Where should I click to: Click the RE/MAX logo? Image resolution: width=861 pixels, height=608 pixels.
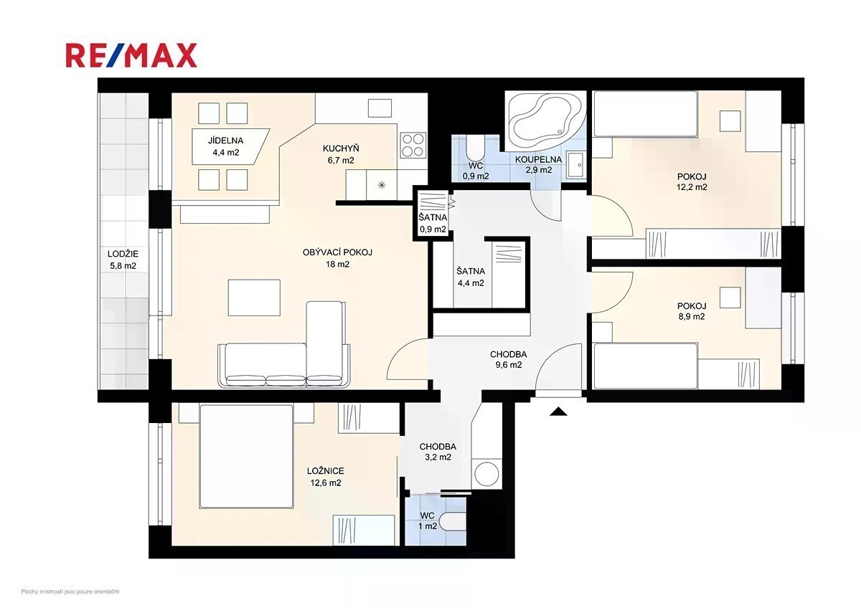131,55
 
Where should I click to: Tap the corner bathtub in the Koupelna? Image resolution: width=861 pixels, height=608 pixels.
545,120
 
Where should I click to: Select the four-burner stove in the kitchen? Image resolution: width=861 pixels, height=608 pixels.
413,145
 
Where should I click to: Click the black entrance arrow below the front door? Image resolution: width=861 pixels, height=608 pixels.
558,412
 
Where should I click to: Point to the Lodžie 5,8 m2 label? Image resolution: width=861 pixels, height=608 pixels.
123,260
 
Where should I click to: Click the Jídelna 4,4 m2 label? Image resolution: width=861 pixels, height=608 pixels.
225,146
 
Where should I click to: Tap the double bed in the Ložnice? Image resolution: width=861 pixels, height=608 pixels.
246,456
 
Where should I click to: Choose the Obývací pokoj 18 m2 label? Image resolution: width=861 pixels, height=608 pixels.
337,258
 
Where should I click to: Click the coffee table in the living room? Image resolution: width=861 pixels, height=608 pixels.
254,298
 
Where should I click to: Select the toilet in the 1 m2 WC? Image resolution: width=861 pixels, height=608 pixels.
453,523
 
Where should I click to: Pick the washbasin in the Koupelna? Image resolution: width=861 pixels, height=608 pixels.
575,165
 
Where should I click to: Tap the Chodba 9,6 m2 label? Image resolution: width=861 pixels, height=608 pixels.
509,359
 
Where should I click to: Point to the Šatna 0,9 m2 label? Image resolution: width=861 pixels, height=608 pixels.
433,224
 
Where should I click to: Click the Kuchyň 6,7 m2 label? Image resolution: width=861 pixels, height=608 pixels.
341,154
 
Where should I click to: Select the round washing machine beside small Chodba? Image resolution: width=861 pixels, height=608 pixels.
486,474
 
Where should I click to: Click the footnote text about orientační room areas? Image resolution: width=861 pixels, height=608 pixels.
70,592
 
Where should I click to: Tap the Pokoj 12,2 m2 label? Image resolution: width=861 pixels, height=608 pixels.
692,181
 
